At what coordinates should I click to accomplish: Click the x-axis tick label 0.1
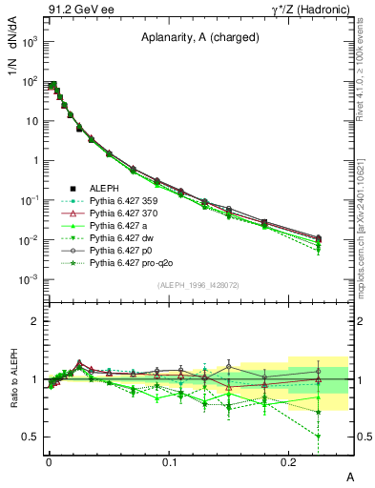[169, 461]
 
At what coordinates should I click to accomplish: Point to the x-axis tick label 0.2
[289, 461]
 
